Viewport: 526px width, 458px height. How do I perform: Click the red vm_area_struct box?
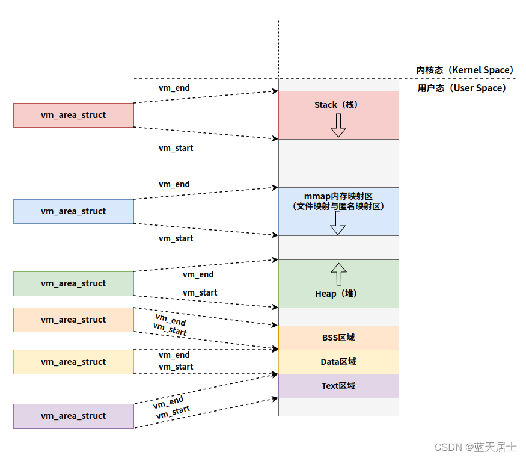73,115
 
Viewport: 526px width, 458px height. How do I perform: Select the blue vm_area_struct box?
73,211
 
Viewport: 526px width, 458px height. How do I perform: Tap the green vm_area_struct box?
73,283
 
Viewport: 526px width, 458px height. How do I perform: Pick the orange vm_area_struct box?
73,320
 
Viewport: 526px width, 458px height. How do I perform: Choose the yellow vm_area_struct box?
73,362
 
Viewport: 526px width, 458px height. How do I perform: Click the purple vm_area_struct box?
73,416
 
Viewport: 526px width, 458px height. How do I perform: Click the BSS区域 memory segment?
338,338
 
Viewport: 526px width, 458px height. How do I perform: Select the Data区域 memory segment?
338,362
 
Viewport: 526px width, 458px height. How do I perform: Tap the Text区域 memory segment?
338,386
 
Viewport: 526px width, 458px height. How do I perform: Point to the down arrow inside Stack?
338,125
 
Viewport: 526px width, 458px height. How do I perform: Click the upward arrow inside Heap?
338,274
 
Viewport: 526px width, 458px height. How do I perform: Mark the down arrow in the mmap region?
338,223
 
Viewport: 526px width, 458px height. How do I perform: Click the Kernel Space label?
465,70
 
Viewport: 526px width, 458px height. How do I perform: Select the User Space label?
462,88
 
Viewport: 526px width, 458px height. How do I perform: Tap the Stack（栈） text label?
336,105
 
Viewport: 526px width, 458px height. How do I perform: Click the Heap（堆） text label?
336,294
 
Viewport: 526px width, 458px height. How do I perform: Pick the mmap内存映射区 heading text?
338,196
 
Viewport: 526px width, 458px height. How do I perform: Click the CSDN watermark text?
475,447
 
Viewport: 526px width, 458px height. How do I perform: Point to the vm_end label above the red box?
174,88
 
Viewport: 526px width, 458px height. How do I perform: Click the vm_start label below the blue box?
176,238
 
